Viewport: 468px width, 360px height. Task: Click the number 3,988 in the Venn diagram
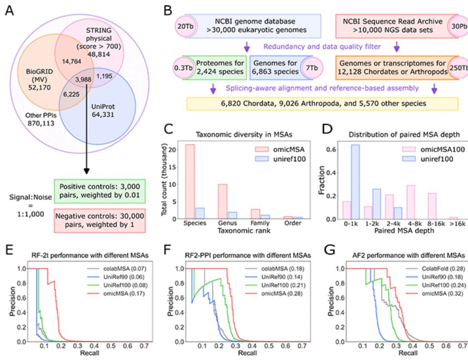coord(83,79)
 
